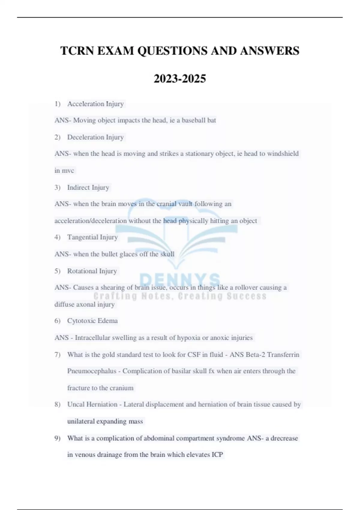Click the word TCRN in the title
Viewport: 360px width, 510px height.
pyautogui.click(x=77, y=51)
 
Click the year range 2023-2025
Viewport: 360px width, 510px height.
pyautogui.click(x=180, y=79)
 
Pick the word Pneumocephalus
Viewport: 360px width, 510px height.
pyautogui.click(x=91, y=371)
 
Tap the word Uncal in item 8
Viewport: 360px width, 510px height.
pyautogui.click(x=76, y=404)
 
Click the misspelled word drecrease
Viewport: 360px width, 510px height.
pyautogui.click(x=284, y=438)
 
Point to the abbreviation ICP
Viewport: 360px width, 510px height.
pyautogui.click(x=217, y=455)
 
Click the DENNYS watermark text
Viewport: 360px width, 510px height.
pyautogui.click(x=180, y=280)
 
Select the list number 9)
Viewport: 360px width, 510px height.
pyautogui.click(x=58, y=438)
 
